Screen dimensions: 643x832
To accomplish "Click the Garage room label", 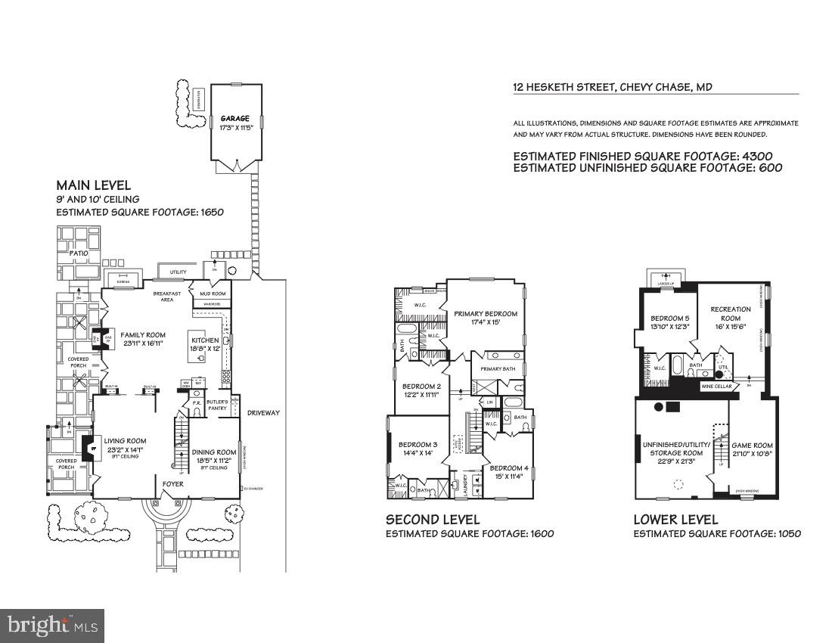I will (235, 120).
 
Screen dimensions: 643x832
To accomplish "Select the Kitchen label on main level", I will (205, 341).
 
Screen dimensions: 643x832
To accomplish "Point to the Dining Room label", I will (215, 452).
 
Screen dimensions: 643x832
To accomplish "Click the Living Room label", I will (125, 441).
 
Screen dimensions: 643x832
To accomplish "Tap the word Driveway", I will (263, 413).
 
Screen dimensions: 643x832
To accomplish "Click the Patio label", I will (79, 253).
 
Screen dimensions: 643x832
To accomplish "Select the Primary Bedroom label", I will (486, 314).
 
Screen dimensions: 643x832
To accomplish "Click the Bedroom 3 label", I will (418, 444).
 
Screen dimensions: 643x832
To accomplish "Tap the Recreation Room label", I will (731, 309).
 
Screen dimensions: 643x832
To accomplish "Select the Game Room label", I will (753, 446).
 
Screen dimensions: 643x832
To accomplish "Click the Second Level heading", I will (433, 520).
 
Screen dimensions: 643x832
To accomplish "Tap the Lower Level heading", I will (675, 520).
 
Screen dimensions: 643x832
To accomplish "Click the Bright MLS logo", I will (52, 625).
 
